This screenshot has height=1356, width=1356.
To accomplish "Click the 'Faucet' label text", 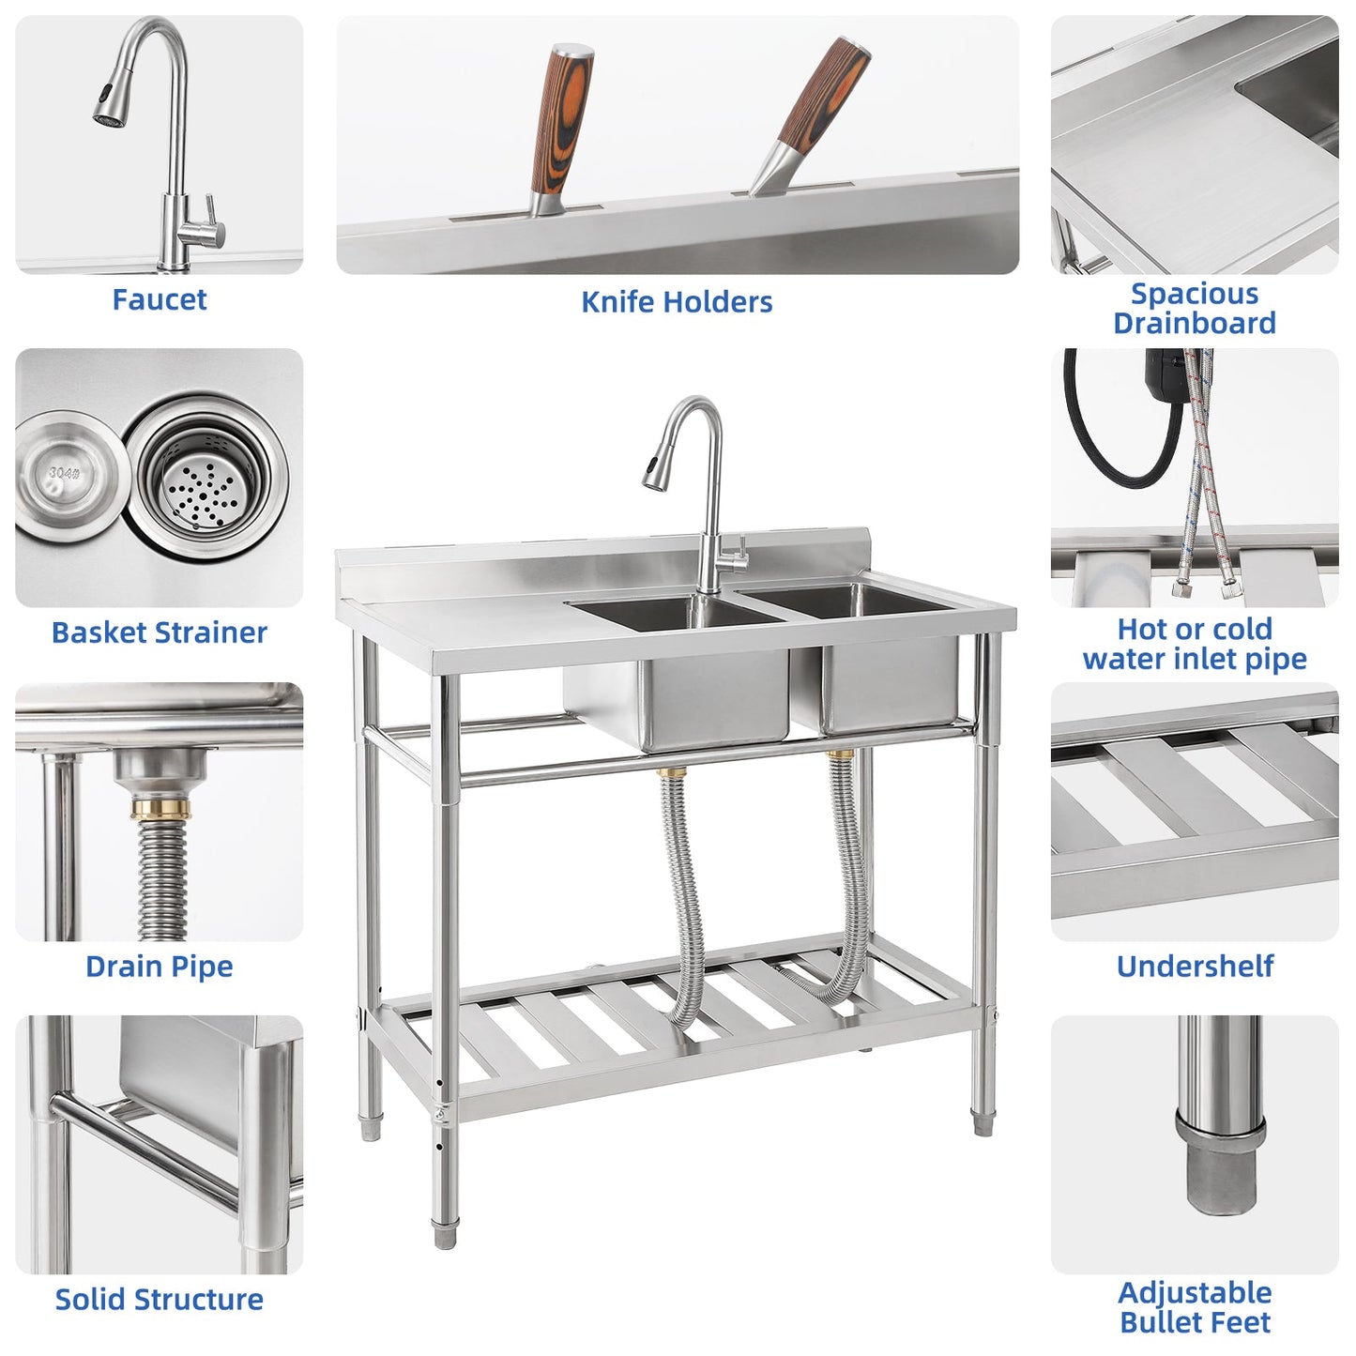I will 159,300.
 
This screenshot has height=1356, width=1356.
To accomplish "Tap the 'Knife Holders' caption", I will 677,302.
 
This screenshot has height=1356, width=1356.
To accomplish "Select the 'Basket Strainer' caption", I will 159,632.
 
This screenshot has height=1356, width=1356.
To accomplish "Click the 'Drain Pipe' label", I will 159,967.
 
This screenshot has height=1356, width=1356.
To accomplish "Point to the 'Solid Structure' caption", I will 159,1300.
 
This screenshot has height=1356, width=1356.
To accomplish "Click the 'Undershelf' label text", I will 1195,967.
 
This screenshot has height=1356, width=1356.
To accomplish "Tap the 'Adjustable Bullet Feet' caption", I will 1195,1307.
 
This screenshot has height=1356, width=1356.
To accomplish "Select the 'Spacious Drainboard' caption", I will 1195,308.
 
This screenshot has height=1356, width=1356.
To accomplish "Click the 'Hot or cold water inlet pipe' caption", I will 1195,644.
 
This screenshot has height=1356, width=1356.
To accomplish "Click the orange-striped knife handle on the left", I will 561,122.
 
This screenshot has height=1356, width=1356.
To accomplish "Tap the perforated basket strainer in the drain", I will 203,479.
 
